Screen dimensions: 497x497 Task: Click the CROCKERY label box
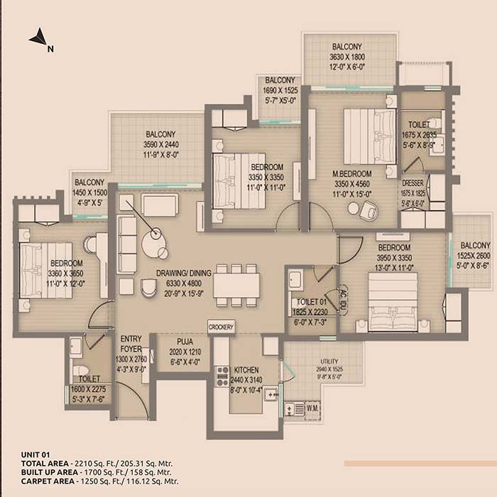tap(221, 326)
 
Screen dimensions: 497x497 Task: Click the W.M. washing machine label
tap(312, 408)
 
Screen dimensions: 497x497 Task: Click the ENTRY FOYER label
tap(132, 344)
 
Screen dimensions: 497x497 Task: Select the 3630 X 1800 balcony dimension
tap(346, 57)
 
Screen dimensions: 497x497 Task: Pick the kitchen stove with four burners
tap(222, 375)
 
